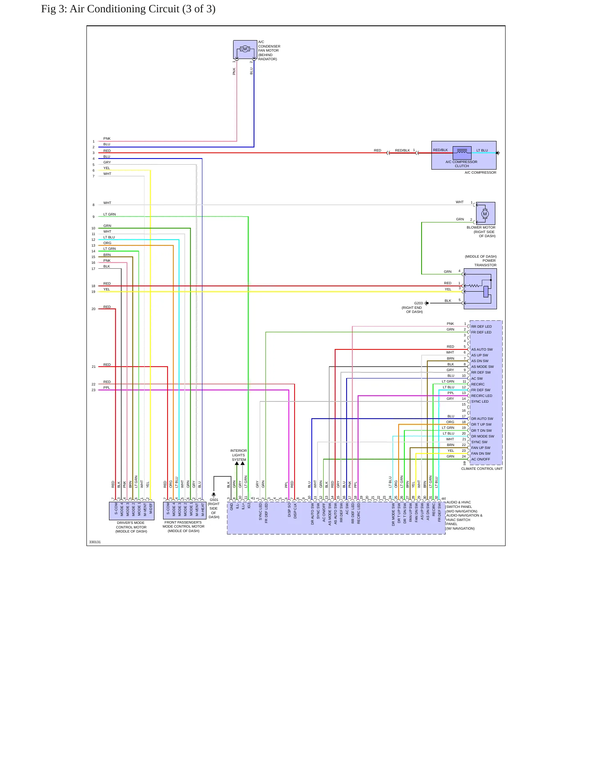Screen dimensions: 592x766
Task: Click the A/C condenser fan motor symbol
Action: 245,49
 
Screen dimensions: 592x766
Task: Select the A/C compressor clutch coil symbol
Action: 462,153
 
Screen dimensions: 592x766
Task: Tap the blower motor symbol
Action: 485,213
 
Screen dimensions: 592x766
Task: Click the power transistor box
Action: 480,289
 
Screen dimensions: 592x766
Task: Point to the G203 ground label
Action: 418,304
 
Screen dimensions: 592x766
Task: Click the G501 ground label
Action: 214,500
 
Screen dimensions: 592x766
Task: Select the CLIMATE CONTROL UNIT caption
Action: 482,469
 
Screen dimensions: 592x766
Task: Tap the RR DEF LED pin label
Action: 481,326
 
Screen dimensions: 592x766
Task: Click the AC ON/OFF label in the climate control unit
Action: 481,459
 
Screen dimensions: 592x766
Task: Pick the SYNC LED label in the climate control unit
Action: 480,401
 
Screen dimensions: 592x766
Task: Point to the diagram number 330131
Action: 95,542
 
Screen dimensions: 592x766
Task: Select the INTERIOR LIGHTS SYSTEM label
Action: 238,455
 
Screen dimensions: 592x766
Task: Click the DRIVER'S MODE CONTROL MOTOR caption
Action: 131,527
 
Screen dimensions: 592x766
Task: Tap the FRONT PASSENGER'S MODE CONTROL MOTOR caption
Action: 183,526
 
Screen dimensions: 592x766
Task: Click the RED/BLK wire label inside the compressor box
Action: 440,150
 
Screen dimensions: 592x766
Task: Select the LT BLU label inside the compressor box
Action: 482,150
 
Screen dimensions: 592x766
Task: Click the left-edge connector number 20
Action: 93,309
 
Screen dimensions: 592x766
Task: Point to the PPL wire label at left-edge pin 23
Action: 107,388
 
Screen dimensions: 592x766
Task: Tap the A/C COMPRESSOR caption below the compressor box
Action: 480,172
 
